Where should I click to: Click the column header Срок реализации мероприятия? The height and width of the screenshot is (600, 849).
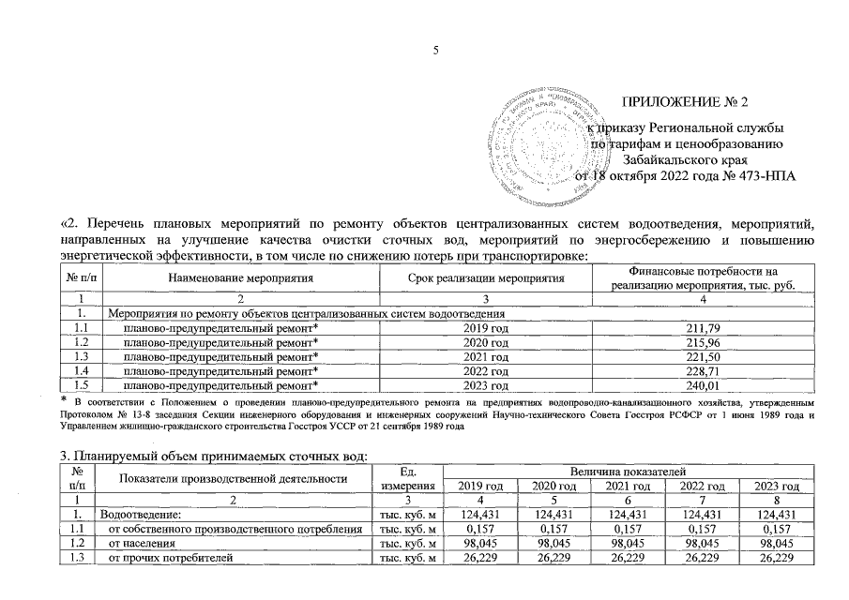[486, 277]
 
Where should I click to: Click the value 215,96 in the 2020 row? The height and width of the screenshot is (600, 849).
[701, 341]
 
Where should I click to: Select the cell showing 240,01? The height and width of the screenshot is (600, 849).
[701, 385]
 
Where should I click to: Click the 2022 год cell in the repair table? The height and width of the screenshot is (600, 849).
[486, 371]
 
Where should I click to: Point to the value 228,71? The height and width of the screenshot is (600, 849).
[701, 371]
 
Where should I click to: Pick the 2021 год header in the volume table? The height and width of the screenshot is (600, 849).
[629, 485]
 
